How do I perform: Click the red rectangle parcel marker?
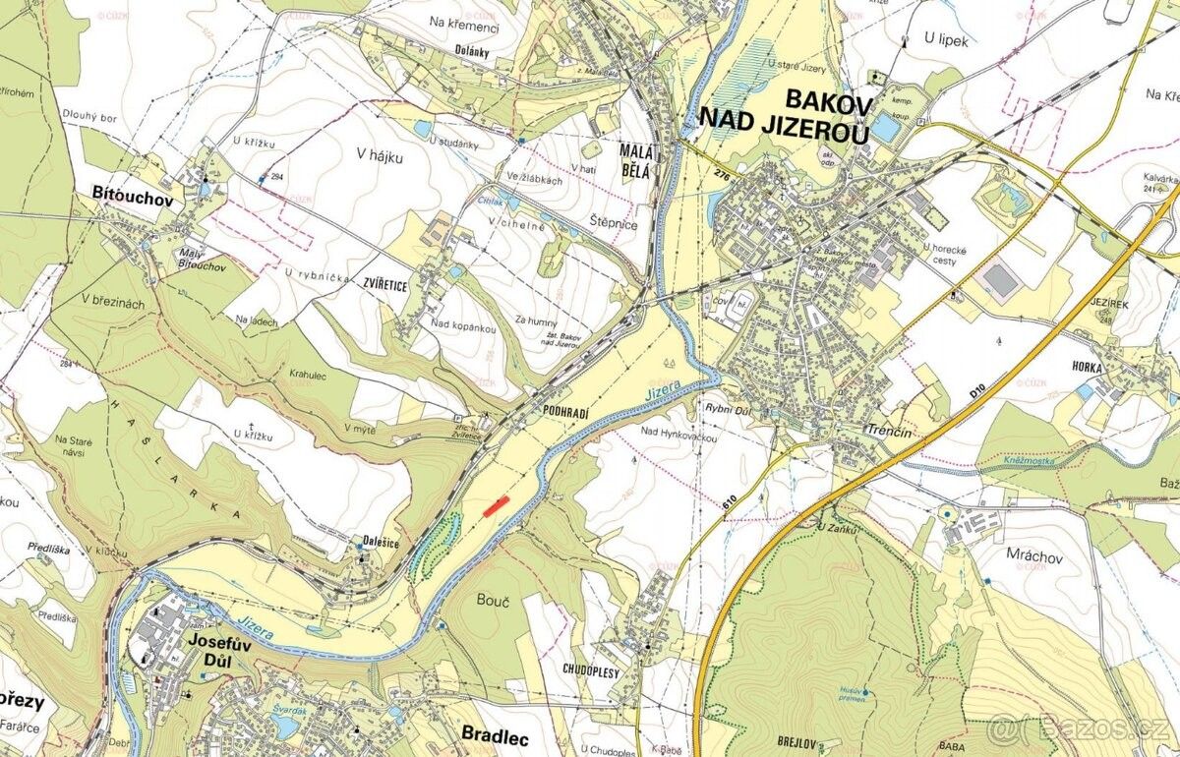(497, 505)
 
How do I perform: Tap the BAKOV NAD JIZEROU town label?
(784, 116)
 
